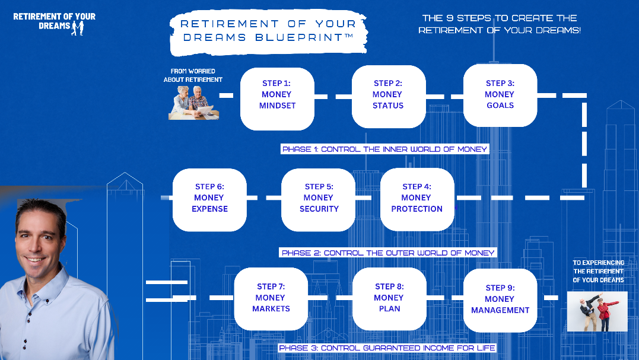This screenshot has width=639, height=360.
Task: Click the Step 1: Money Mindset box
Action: [x=277, y=99]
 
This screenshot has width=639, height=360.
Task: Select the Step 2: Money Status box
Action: [x=389, y=97]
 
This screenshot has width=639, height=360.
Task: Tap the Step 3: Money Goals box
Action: [x=500, y=95]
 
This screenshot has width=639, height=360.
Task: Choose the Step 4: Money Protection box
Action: [x=417, y=199]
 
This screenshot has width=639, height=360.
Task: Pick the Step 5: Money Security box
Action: [x=318, y=200]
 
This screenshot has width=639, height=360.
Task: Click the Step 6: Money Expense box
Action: [x=209, y=200]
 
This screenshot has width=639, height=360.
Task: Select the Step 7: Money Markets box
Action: [x=271, y=299]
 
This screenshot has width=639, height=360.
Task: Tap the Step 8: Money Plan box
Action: [x=389, y=299]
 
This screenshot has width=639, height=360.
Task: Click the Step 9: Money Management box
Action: [x=500, y=301]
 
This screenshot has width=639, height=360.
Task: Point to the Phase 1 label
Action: [x=384, y=149]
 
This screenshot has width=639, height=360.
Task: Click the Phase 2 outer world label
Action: [x=388, y=253]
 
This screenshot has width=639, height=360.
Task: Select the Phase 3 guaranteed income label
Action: [x=387, y=348]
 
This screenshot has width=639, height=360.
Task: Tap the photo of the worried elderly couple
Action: [x=193, y=103]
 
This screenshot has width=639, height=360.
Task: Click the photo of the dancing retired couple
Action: [x=597, y=311]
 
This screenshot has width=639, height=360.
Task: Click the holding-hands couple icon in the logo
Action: [x=78, y=28]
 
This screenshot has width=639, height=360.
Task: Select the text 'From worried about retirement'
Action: [x=193, y=75]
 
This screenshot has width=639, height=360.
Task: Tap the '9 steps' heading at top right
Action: [x=500, y=24]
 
